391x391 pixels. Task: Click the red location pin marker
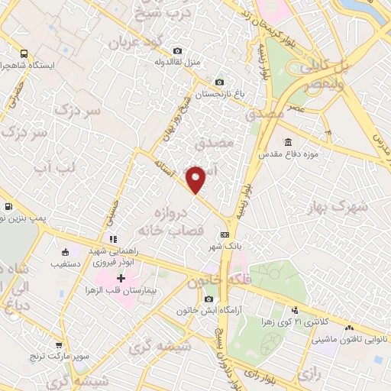point(196,179)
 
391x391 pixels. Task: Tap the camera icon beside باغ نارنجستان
point(220,82)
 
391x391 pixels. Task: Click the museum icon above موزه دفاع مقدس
point(287,143)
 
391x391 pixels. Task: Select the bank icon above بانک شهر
point(225,234)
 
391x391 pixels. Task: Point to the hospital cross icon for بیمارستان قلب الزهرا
point(120,278)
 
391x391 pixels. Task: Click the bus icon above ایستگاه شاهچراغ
point(24,54)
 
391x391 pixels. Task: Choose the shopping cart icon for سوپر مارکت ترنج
point(60,345)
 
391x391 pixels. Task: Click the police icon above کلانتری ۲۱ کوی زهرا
point(295,310)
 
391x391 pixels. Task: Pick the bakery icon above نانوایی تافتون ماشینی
point(349,328)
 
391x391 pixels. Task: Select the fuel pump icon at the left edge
point(8,207)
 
